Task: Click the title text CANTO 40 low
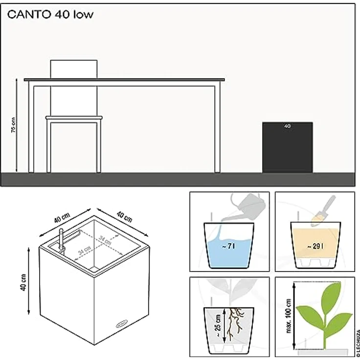(x=50, y=15)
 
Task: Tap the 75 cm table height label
(x=13, y=125)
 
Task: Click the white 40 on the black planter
(x=287, y=126)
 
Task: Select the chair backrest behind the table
(x=74, y=69)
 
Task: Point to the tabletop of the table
(x=124, y=80)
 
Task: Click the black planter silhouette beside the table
(x=288, y=147)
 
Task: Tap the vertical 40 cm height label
(x=23, y=282)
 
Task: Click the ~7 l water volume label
(x=229, y=247)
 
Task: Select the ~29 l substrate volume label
(x=315, y=247)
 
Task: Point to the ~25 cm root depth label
(x=218, y=325)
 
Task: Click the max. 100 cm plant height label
(x=289, y=315)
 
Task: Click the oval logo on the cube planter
(x=122, y=324)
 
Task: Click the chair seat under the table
(x=74, y=118)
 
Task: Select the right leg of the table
(x=218, y=129)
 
